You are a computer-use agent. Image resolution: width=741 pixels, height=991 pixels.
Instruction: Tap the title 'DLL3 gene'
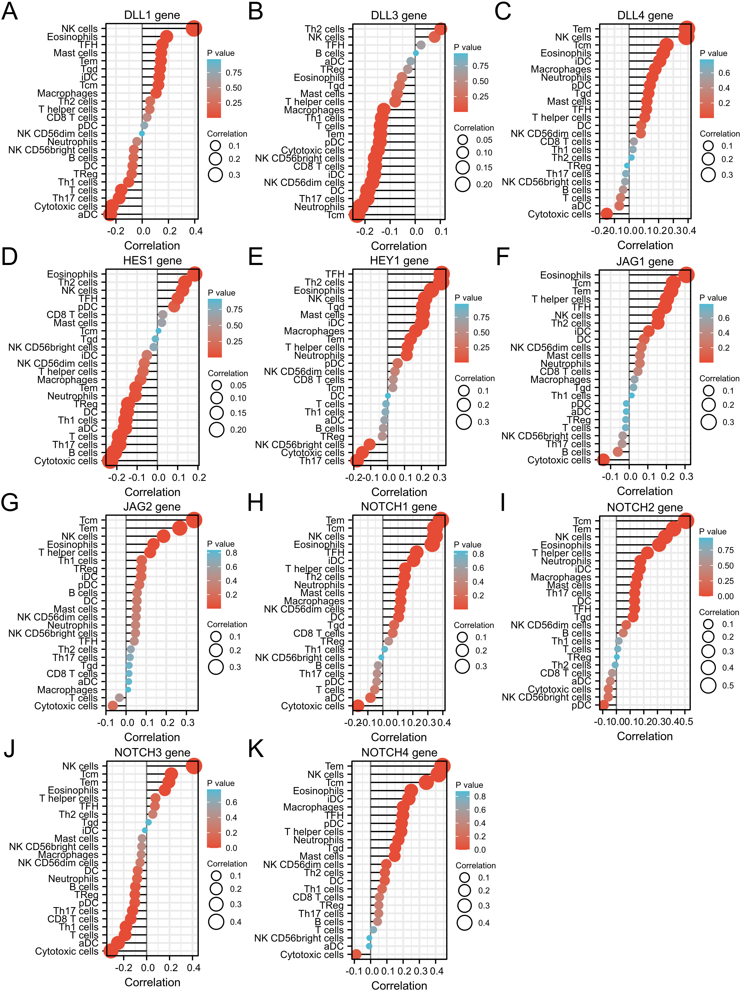tap(399, 16)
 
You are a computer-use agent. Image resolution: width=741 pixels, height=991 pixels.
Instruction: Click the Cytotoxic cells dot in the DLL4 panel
tap(607, 214)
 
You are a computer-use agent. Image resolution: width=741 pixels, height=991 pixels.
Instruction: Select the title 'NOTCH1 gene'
tap(399, 507)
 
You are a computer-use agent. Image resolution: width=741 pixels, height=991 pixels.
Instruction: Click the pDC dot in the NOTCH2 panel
tap(604, 705)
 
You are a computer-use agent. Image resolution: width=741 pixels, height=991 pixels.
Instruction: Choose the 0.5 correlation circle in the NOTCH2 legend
tap(708, 685)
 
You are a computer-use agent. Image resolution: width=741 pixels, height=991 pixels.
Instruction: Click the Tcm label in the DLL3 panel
tap(335, 215)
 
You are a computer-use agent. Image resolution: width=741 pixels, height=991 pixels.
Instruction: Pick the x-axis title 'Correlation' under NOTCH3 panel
tap(152, 982)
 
